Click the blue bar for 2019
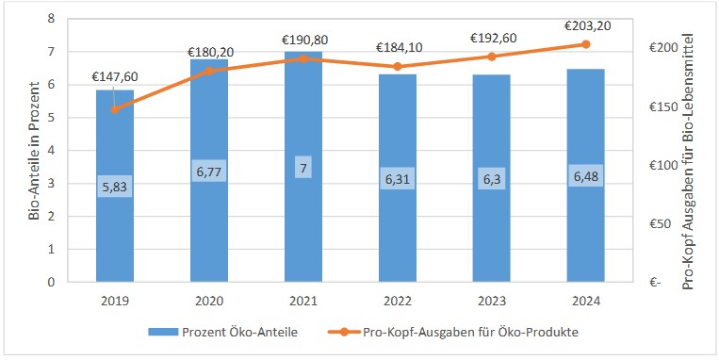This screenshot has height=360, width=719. [114, 226]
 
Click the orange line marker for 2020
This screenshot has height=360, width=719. [209, 71]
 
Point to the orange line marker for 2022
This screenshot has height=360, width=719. [397, 67]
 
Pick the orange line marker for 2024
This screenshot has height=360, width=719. [585, 44]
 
